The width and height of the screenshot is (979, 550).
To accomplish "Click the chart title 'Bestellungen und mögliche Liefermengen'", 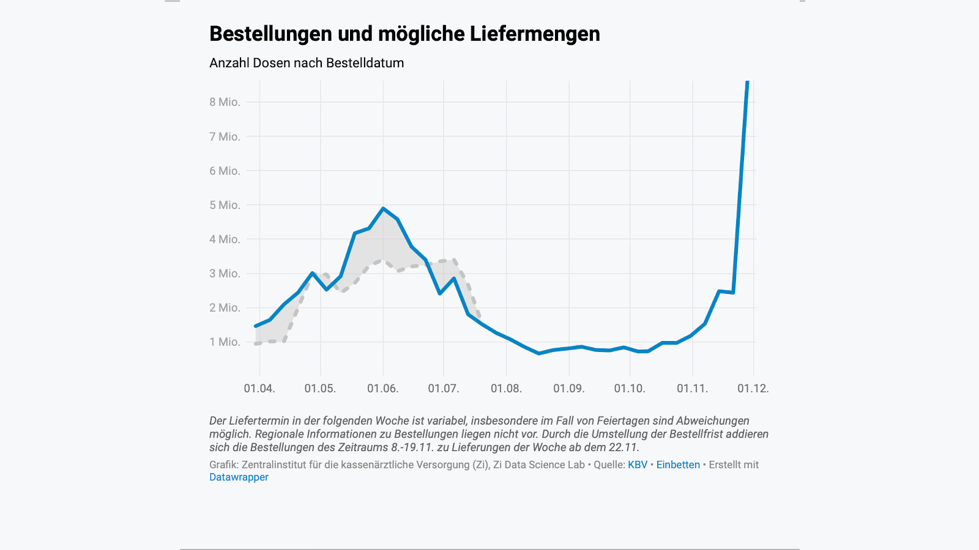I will coord(404,34).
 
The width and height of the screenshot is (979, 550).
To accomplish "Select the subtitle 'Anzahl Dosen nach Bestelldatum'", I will coord(307,63).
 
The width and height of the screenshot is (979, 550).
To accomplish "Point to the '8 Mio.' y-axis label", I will coord(225,102).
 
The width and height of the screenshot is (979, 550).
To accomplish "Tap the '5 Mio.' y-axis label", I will coord(225,205).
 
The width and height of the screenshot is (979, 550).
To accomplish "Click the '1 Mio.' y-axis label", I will coord(225,342).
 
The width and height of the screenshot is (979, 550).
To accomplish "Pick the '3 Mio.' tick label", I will coord(225,273).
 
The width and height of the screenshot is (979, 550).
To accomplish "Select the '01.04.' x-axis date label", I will coord(259,388).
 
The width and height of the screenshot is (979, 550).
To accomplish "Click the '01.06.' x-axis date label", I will coord(383,388).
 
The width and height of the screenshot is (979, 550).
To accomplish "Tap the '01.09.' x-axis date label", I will coord(569,388).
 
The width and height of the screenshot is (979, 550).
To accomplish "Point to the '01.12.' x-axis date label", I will coord(753,388).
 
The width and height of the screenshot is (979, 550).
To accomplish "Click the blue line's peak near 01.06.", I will coord(383,208).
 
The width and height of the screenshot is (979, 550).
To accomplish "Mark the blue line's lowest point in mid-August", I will coord(539,353).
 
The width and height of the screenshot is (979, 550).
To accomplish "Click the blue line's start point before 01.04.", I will coord(256,326).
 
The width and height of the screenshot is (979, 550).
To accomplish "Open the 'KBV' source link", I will coord(638,464).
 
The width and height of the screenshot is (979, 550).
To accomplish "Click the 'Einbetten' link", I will coord(678,464).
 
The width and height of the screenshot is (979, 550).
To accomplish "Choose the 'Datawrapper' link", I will coord(239,477).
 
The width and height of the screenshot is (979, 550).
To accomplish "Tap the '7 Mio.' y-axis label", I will coord(225,136).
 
